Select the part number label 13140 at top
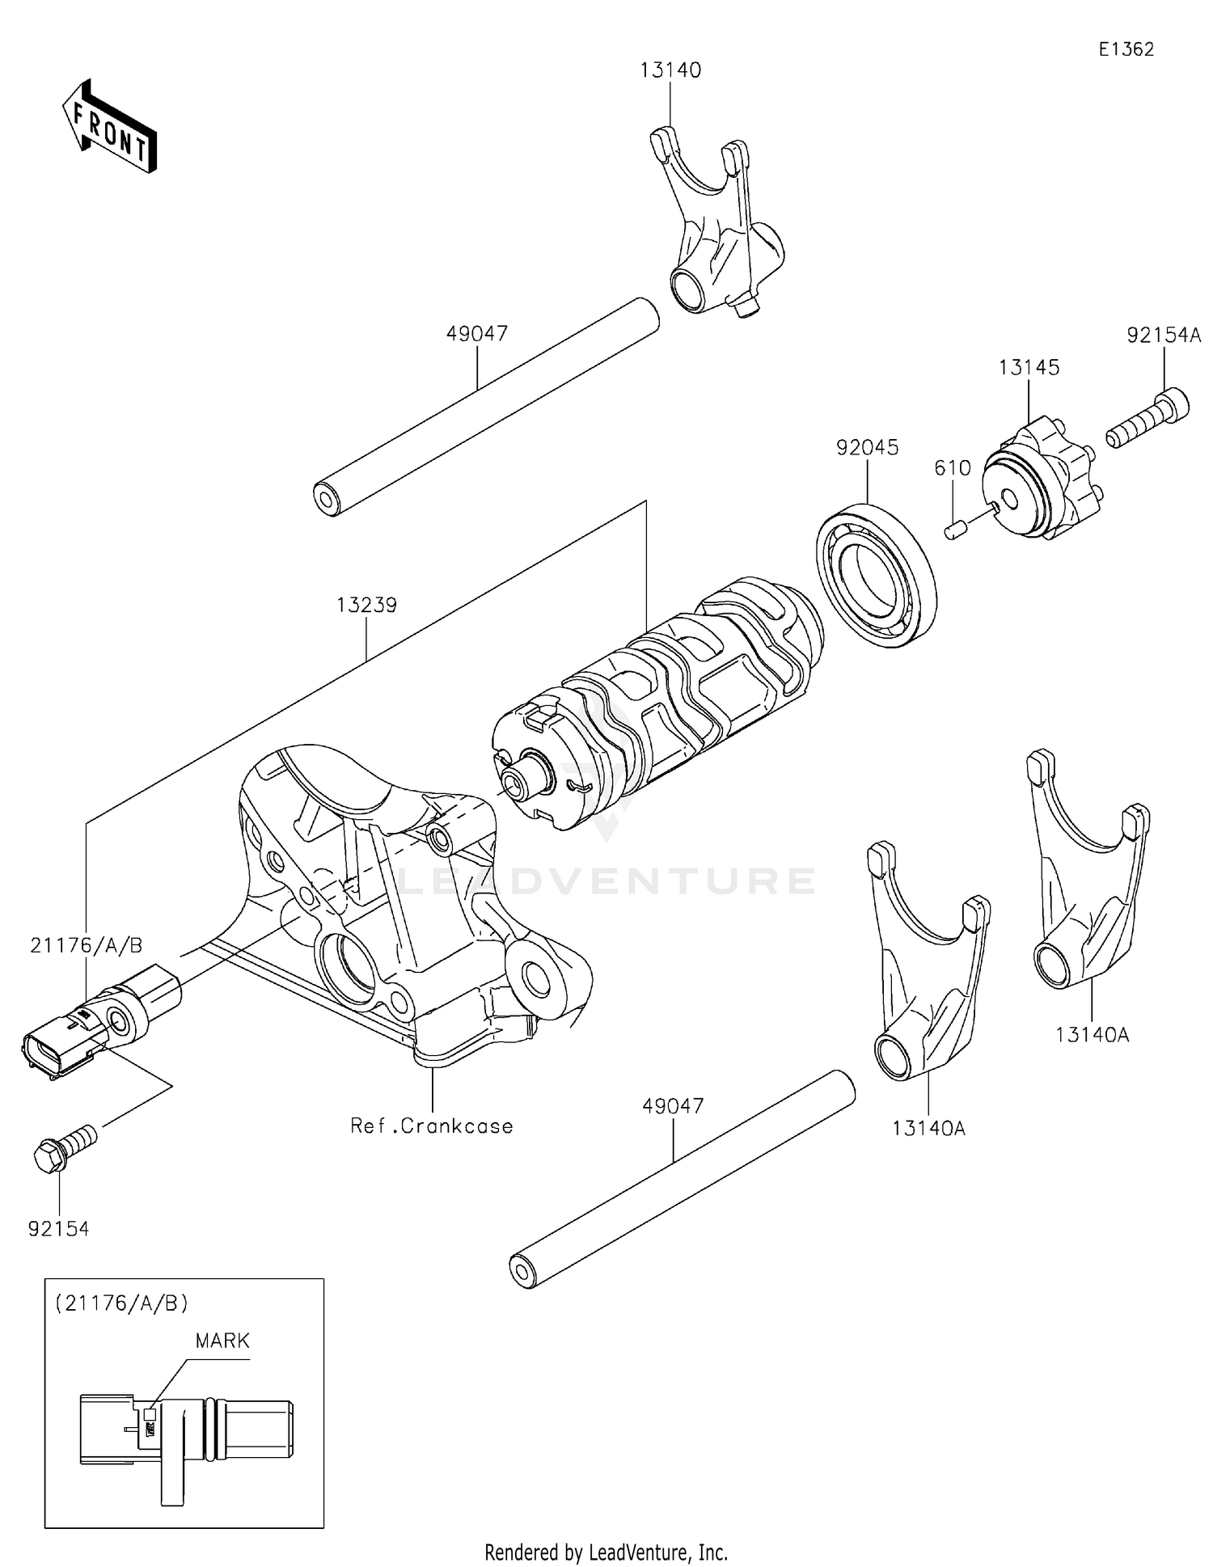[x=670, y=70]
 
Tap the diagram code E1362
[x=1126, y=49]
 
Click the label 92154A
[x=1164, y=336]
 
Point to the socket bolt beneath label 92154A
[x=1148, y=419]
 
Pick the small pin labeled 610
[x=955, y=530]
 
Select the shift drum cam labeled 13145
[x=1039, y=481]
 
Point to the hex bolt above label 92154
[x=65, y=1147]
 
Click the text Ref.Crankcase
[x=432, y=1126]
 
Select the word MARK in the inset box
[x=222, y=1341]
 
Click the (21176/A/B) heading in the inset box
[x=122, y=1303]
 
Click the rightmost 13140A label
[x=1092, y=1034]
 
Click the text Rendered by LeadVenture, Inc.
[x=606, y=1552]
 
